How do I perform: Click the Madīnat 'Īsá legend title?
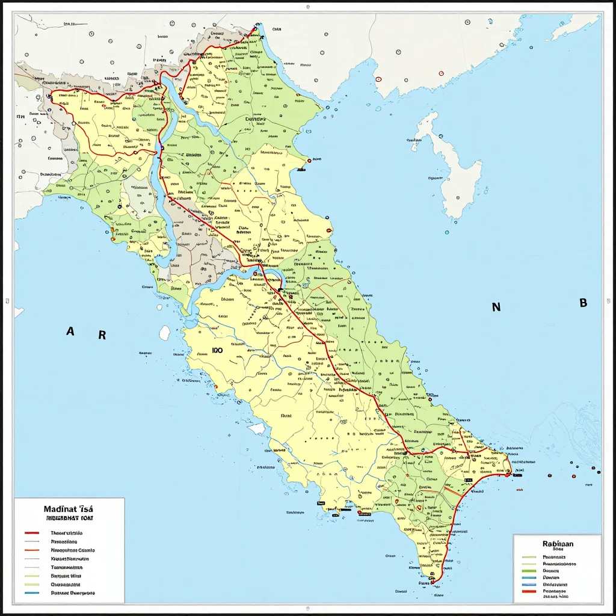68,508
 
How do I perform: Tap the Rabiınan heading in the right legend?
558,543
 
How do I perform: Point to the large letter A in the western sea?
70,331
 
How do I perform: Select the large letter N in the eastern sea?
496,307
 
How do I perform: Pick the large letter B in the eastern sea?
583,303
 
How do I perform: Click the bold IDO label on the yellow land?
218,350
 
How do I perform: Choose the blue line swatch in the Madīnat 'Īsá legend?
32,593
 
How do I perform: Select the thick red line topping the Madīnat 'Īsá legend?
32,533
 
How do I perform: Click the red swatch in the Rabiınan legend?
529,591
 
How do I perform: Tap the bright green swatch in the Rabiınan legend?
529,570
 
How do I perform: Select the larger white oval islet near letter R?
164,333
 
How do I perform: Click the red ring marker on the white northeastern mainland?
378,78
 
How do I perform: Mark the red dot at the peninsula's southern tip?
432,582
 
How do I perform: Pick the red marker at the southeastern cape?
510,474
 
